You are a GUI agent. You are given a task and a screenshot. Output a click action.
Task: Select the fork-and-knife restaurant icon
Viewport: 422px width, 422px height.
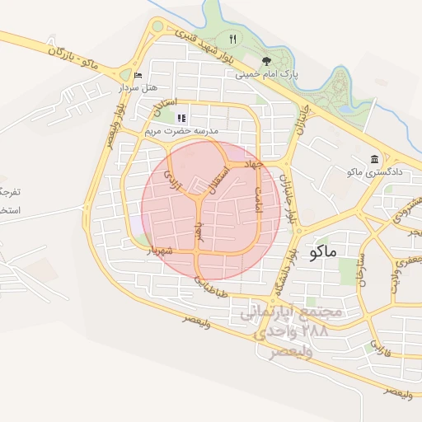pos(233,39)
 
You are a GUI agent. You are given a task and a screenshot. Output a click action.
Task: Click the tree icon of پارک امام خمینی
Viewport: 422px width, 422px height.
pos(265,61)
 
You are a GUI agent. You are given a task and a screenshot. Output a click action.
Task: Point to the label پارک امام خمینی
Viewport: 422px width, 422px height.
pos(267,74)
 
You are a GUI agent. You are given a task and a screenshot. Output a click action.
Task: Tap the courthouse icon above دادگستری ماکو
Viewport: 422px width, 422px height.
pos(374,158)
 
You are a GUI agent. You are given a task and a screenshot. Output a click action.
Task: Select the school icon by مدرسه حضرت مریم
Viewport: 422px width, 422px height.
pos(181,118)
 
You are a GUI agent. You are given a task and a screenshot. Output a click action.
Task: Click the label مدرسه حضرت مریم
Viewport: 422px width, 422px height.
pos(181,131)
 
